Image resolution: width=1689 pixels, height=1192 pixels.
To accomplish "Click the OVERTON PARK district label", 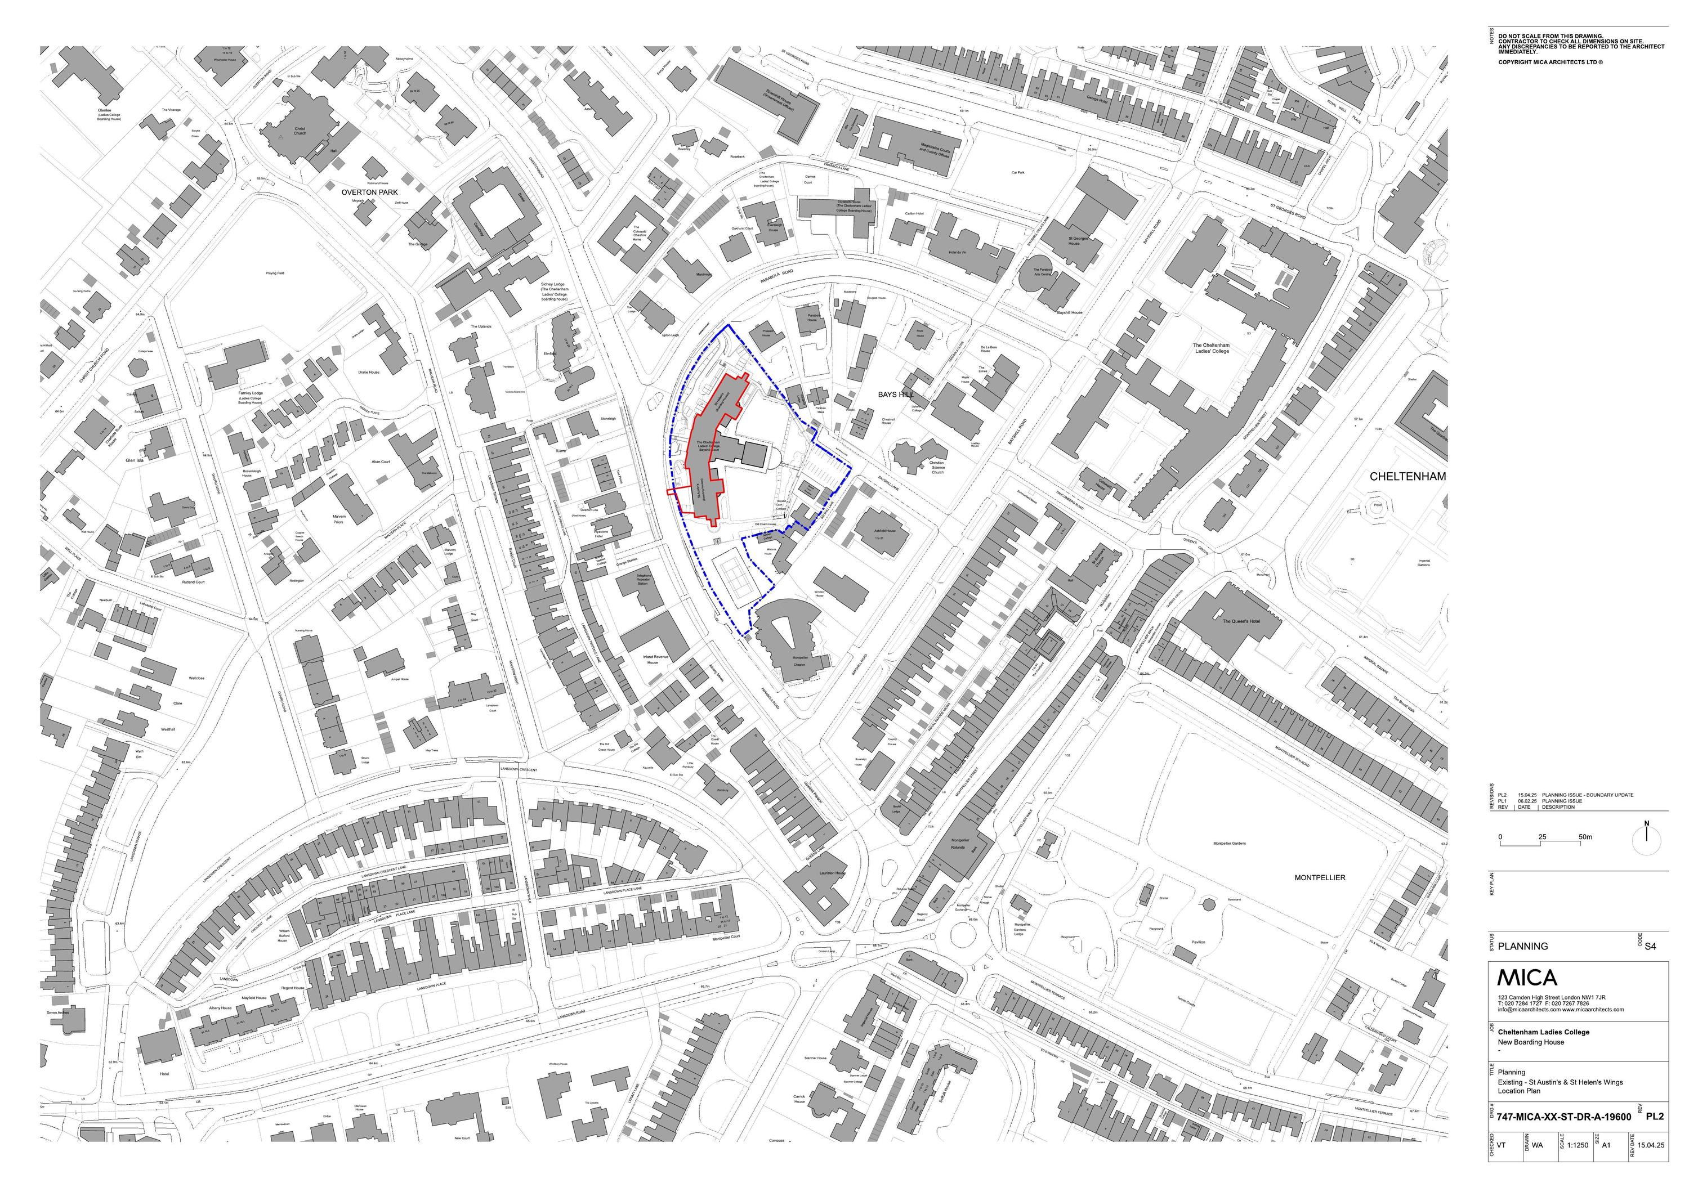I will click(x=369, y=192).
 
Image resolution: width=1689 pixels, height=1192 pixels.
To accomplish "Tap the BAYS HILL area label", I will click(x=895, y=395).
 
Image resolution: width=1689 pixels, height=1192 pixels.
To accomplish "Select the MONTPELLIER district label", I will click(x=1320, y=878).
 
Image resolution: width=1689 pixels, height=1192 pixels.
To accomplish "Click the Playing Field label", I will click(x=275, y=273).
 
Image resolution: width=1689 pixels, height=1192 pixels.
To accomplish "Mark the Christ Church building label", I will click(x=300, y=131).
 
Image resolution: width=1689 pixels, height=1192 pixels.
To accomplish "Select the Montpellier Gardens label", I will click(x=1228, y=844).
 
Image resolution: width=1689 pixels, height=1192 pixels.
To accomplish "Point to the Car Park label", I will click(x=1018, y=172).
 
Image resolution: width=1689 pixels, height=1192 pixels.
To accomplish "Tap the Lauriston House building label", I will click(x=832, y=873).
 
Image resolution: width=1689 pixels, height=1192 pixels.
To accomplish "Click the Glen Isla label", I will click(x=135, y=460).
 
